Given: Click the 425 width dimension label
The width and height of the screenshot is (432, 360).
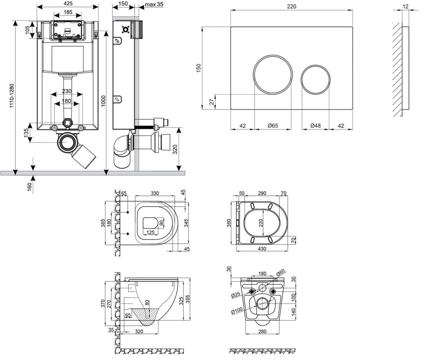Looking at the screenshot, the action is (68, 3).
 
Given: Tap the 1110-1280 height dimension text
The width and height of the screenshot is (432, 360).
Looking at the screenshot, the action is (12, 96).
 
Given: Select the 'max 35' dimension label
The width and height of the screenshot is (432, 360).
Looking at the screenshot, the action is (154, 4).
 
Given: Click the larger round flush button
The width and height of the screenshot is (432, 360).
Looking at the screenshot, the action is (273, 75).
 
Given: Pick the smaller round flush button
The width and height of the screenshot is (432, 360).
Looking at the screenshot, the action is (315, 80).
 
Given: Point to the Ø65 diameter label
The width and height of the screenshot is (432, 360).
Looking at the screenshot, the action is (273, 126).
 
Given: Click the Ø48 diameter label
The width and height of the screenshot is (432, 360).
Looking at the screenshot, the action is (315, 126).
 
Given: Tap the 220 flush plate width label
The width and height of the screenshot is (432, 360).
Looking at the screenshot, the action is (292, 6).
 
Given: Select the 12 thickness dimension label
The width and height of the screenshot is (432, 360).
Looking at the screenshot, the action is (405, 6).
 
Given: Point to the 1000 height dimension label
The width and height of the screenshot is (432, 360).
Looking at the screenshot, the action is (103, 101).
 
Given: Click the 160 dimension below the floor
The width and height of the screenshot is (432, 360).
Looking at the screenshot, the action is (30, 187).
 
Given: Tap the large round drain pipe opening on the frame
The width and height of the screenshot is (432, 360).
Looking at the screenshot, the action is (67, 143).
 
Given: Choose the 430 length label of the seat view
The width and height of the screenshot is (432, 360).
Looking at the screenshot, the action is (262, 249).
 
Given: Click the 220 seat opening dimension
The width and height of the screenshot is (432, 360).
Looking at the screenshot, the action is (261, 223).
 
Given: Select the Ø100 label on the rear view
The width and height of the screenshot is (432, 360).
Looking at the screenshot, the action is (237, 311).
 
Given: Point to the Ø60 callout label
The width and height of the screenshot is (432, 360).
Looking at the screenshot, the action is (280, 273).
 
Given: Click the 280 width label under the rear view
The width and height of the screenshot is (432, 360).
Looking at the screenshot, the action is (262, 332).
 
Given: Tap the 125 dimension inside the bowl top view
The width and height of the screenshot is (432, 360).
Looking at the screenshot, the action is (150, 232).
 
